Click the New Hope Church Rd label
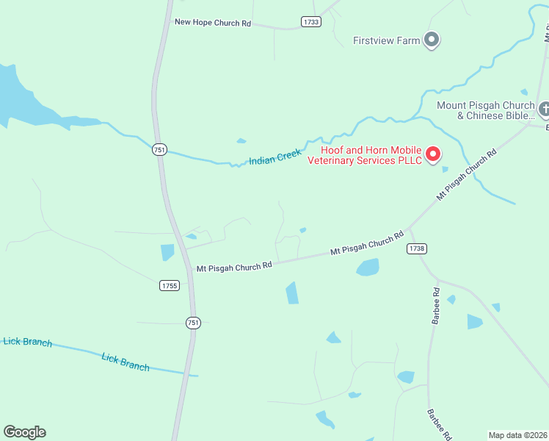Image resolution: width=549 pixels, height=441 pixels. (x=212, y=23)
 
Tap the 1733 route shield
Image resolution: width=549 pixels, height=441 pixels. (x=311, y=22)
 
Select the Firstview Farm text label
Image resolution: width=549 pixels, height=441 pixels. (x=387, y=40)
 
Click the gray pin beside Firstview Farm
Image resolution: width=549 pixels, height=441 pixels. (x=432, y=40)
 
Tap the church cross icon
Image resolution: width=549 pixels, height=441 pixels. (x=544, y=110)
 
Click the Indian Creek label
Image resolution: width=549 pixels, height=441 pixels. (x=275, y=157)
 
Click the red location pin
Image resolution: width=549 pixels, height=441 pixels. (x=433, y=154)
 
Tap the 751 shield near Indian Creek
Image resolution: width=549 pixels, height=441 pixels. (x=160, y=150)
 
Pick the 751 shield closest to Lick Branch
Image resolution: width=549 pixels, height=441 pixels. (x=193, y=322)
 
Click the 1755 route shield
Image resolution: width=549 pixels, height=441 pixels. (x=170, y=285)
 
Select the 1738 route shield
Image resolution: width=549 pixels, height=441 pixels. (x=416, y=248)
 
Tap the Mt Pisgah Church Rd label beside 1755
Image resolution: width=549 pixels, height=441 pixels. (x=234, y=266)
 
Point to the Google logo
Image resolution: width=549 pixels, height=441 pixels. (x=25, y=432)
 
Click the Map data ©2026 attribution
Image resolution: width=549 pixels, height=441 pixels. (x=518, y=435)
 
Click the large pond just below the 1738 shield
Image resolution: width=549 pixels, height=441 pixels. (x=368, y=267)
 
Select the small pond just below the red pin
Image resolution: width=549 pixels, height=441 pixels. (x=445, y=169)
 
